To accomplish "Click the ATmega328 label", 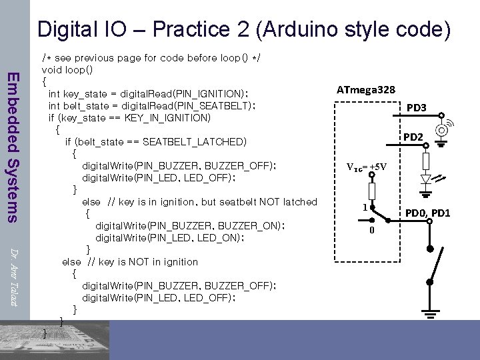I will pos(366,90).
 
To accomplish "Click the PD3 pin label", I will pos(417,108).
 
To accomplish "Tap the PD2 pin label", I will pos(413,137).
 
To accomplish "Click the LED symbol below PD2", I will pos(428,179).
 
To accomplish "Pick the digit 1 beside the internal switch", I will pos(365,207).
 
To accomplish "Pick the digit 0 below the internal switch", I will pos(372,231).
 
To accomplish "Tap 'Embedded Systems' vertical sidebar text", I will pos(13,146).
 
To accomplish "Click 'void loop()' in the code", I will pos(67,69).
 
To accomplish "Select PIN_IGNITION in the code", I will pos(212,93).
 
